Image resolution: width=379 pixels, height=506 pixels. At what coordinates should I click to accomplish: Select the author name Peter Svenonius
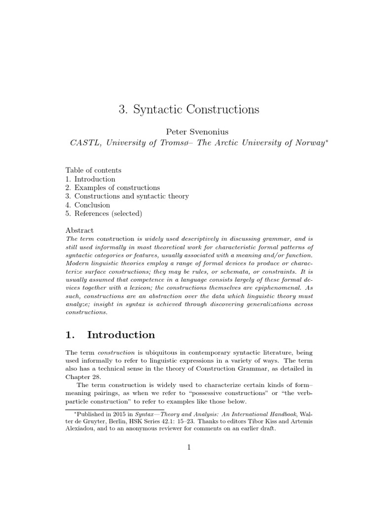pyautogui.click(x=189, y=132)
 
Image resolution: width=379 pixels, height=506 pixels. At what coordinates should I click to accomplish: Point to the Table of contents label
pyautogui.click(x=93, y=169)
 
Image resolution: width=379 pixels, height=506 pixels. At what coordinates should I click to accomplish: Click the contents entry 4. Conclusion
pyautogui.click(x=88, y=205)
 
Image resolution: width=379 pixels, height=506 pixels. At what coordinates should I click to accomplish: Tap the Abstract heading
pyautogui.click(x=79, y=230)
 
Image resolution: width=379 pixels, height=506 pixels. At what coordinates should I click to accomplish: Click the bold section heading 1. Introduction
pyautogui.click(x=110, y=335)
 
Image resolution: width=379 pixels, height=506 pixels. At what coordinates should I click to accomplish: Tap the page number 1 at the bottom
pyautogui.click(x=189, y=448)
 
